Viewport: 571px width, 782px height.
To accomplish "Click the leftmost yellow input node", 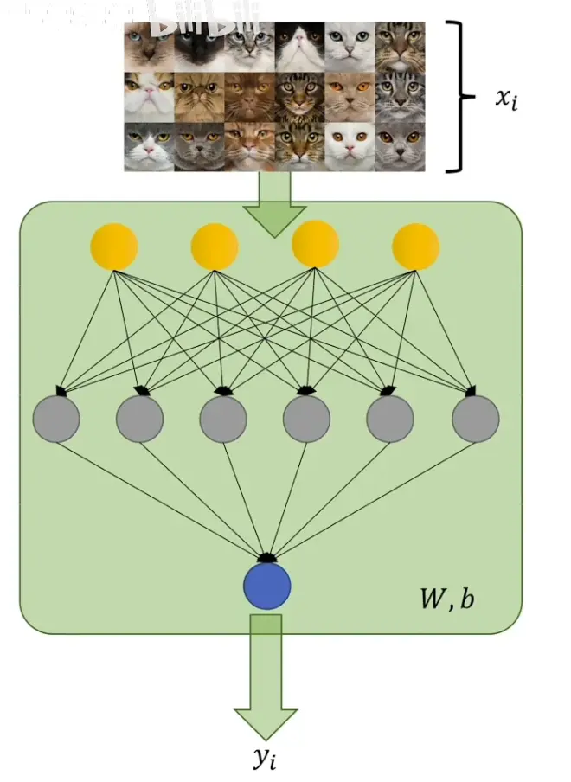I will pyautogui.click(x=114, y=247).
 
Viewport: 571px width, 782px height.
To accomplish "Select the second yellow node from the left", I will pyautogui.click(x=215, y=247).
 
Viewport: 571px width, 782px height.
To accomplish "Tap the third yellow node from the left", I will pyautogui.click(x=315, y=245).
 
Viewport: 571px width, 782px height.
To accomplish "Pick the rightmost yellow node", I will pyautogui.click(x=415, y=247).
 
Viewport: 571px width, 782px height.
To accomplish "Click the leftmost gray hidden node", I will pyautogui.click(x=56, y=419).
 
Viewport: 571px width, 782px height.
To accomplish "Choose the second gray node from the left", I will pyautogui.click(x=140, y=419).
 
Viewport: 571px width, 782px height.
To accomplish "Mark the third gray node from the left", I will pyautogui.click(x=223, y=419).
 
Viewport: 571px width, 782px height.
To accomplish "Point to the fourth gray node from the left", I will pyautogui.click(x=306, y=419).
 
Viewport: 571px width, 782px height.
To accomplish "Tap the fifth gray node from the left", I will pyautogui.click(x=390, y=419).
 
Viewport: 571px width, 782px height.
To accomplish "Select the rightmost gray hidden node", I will pyautogui.click(x=475, y=419).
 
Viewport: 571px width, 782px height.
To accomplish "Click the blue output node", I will pyautogui.click(x=266, y=586).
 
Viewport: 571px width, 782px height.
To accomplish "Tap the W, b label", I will pyautogui.click(x=446, y=599).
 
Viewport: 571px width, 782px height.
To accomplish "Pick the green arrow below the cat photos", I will pyautogui.click(x=275, y=204).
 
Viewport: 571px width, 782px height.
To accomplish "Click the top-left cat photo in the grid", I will pyautogui.click(x=149, y=46).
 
